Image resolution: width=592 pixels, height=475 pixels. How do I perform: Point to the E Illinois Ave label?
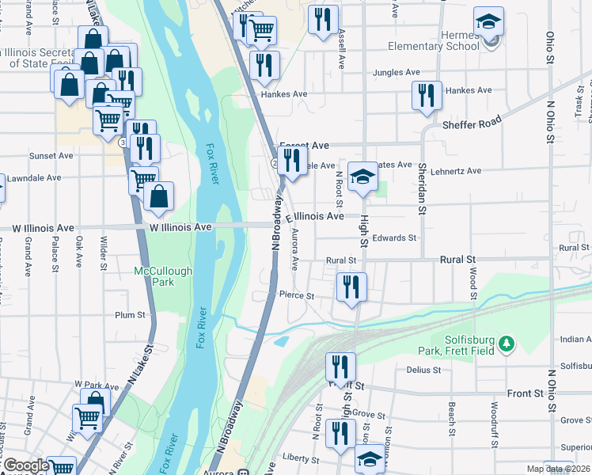click(314, 215)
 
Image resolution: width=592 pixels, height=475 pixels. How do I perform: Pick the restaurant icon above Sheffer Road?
click(427, 95)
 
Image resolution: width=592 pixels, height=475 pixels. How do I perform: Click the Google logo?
click(25, 465)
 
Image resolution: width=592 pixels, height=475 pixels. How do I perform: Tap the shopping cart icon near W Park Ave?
click(87, 417)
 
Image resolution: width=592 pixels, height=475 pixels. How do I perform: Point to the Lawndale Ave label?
click(32, 178)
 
